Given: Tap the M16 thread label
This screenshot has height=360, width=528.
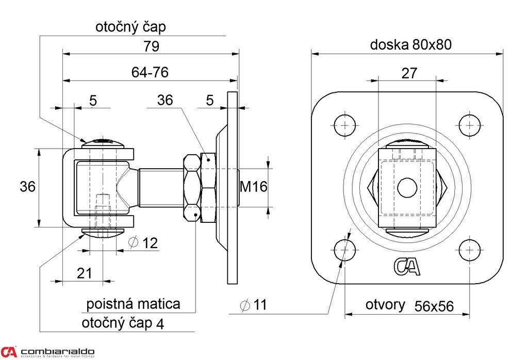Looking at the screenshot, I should (x=254, y=187).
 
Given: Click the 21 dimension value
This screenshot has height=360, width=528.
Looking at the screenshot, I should (x=85, y=273).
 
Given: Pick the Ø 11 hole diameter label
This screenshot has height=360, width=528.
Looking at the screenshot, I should (x=253, y=305).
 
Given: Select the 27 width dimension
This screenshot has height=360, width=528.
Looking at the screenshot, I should (x=408, y=73).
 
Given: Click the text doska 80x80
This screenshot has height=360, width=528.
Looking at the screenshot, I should (x=411, y=45).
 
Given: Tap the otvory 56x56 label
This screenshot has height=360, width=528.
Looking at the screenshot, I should (x=409, y=305).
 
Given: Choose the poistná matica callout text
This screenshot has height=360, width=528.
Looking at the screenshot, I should (x=133, y=304).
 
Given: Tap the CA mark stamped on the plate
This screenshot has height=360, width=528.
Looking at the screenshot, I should (x=408, y=266).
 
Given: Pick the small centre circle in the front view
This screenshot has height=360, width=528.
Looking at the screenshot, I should (x=407, y=187).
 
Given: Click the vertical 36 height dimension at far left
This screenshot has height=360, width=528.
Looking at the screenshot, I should (x=28, y=187).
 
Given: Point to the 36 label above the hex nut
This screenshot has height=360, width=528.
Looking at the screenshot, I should (x=165, y=101).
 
